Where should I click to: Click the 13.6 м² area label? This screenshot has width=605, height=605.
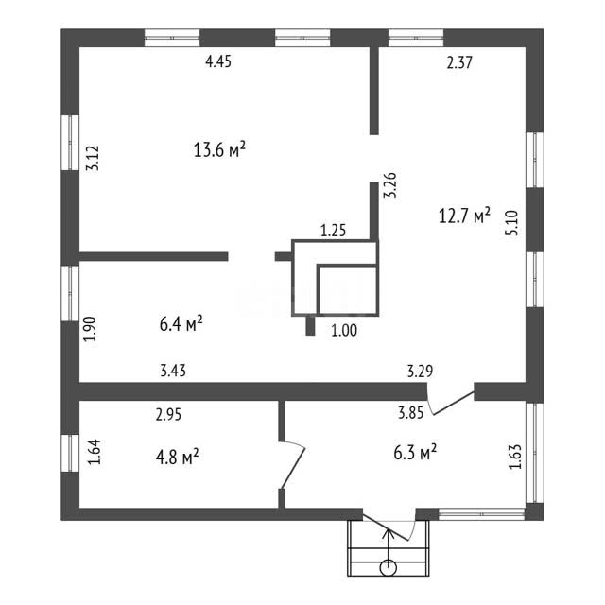[x=219, y=149]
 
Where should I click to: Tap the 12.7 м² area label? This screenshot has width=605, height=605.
[x=464, y=216]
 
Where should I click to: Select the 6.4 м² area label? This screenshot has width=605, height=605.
[x=181, y=323]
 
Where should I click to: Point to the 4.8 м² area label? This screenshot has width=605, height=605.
[x=177, y=457]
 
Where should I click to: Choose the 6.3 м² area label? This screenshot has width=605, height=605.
[x=415, y=452]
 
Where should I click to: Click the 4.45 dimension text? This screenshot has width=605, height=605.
[x=218, y=61]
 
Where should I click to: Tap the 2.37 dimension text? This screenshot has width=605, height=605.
[x=459, y=62]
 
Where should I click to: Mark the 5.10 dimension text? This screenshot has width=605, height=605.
[x=512, y=223]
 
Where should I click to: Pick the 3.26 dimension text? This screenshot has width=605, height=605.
[x=389, y=185]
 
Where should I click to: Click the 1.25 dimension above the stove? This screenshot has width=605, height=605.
[x=334, y=231]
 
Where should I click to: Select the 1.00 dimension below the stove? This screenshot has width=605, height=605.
[x=344, y=330]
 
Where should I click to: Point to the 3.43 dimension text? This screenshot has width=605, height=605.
[x=173, y=371]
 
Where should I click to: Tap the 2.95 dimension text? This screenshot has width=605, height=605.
[x=168, y=414]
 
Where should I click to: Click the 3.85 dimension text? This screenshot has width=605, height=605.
[x=411, y=413]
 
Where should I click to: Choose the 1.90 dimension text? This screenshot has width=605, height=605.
[x=90, y=329]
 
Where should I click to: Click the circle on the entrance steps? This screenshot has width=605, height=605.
[x=389, y=568]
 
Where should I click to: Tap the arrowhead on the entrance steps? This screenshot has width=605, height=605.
[x=389, y=533]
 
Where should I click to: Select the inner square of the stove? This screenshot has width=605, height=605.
[x=347, y=289]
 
